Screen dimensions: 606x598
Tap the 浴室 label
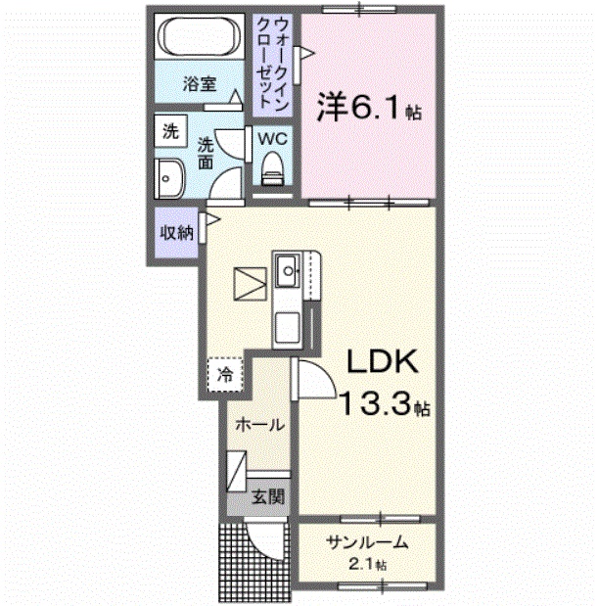point(200,85)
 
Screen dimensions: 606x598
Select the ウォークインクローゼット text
point(268,61)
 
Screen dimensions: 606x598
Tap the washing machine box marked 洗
point(170,130)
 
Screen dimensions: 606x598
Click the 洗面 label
point(207,154)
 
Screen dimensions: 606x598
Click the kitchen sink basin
point(289,267)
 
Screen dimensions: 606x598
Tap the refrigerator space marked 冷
point(226,374)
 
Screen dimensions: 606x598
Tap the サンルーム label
point(366,544)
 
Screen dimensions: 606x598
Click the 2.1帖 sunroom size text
point(367,565)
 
